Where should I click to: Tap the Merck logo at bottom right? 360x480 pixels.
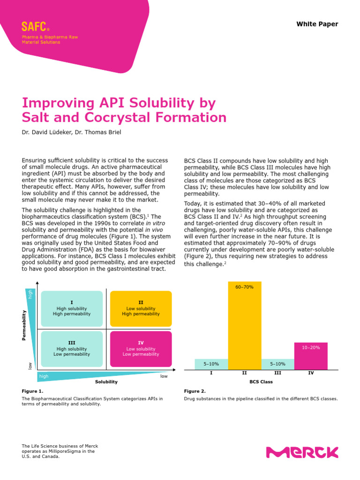pyautogui.click(x=302, y=452)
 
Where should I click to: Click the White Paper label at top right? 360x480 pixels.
pyautogui.click(x=317, y=24)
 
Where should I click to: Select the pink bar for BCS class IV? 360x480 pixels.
pyautogui.click(x=311, y=356)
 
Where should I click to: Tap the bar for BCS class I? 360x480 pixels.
pyautogui.click(x=211, y=364)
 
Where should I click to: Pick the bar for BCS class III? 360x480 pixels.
pyautogui.click(x=277, y=364)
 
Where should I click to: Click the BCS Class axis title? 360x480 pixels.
pyautogui.click(x=261, y=382)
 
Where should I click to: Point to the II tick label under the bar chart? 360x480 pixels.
pyautogui.click(x=244, y=373)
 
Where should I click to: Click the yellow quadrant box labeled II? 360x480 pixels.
pyautogui.click(x=141, y=308)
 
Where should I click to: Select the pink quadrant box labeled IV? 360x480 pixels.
pyautogui.click(x=141, y=349)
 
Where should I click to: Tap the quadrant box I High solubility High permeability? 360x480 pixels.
pyautogui.click(x=72, y=308)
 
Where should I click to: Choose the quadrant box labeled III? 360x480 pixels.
pyautogui.click(x=72, y=349)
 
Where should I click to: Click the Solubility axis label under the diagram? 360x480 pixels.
pyautogui.click(x=106, y=382)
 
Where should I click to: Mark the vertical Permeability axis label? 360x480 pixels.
pyautogui.click(x=24, y=325)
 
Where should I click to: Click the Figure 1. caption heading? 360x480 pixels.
pyautogui.click(x=32, y=391)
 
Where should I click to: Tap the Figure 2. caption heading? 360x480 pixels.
pyautogui.click(x=195, y=391)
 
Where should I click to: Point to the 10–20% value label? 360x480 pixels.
pyautogui.click(x=311, y=347)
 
